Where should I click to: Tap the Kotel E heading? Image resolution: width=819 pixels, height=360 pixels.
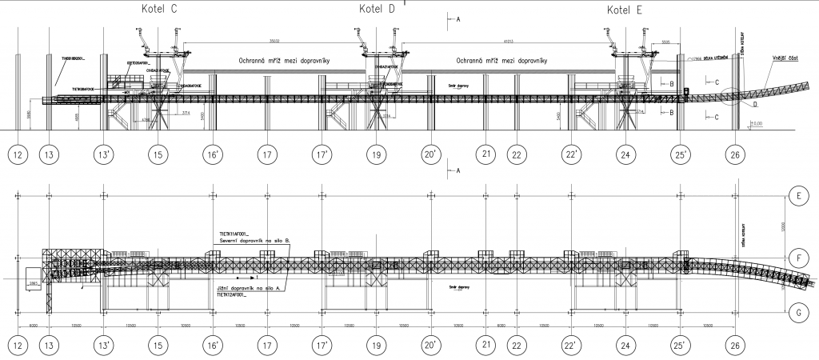pyautogui.click(x=625, y=10)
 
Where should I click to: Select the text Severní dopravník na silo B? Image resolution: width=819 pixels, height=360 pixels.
pyautogui.click(x=254, y=240)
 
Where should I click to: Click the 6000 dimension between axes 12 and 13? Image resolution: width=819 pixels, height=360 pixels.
pyautogui.click(x=33, y=326)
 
